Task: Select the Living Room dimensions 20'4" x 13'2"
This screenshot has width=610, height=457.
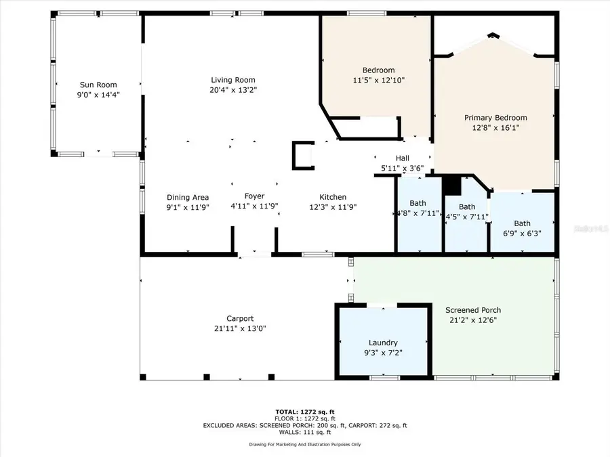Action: click(233, 89)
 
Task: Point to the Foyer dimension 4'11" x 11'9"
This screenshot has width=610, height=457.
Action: click(254, 206)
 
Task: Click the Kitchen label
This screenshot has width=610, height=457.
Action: click(333, 197)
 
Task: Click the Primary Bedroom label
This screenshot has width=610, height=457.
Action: click(495, 118)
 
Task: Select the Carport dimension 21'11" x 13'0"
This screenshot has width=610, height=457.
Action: click(240, 328)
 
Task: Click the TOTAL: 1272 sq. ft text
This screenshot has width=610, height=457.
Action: click(304, 412)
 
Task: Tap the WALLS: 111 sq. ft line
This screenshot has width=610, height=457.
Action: click(304, 432)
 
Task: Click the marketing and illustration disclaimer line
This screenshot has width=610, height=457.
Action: click(304, 445)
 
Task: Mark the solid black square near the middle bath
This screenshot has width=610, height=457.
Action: click(451, 185)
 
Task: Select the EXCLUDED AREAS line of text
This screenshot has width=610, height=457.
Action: click(304, 425)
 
